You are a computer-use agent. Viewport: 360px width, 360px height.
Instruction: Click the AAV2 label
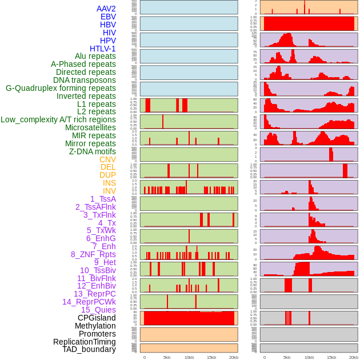pos(106,9)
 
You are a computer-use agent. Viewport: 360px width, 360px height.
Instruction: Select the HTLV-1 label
pos(103,49)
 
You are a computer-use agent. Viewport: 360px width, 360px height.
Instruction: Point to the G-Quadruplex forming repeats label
pos(61,88)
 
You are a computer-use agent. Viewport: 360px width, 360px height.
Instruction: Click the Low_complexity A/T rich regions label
pos(58,119)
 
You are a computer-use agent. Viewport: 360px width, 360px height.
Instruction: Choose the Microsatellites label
pos(90,127)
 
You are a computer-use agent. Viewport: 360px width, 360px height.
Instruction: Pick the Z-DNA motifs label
pos(93,151)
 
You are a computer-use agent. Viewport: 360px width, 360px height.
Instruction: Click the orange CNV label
pos(107,159)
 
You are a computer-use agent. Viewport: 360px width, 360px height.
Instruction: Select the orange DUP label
pos(107,175)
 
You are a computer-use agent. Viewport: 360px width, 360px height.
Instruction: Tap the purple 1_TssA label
pos(103,199)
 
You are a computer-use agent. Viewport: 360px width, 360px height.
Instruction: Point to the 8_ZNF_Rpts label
pos(93,254)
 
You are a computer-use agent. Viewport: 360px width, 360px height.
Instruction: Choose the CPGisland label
pos(97,318)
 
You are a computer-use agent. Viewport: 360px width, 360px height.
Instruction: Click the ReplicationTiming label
pos(84,342)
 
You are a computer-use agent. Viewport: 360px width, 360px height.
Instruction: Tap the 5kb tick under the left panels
pos(167,357)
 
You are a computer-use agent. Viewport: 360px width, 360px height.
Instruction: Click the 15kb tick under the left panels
pos(211,357)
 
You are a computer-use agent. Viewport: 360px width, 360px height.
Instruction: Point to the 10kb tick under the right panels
pos(309,357)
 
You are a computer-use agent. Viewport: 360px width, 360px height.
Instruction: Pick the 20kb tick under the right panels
pos(354,357)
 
